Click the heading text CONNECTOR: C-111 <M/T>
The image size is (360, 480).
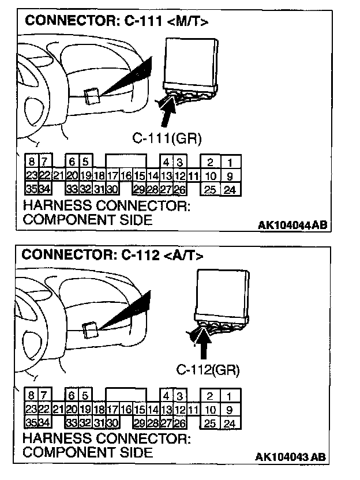116,22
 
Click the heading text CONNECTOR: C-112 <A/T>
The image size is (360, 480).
113,254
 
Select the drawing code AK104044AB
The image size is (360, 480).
292,225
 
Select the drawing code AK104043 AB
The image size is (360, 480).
291,457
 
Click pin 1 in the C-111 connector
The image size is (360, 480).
230,163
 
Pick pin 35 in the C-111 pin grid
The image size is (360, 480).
31,188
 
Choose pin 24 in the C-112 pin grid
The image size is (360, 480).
229,423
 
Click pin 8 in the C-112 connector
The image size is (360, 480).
31,396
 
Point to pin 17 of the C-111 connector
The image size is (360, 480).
112,175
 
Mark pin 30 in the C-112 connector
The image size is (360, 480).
111,423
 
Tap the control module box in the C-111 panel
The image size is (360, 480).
190,61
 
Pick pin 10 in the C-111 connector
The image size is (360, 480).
211,175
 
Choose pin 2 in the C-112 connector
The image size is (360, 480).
210,396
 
